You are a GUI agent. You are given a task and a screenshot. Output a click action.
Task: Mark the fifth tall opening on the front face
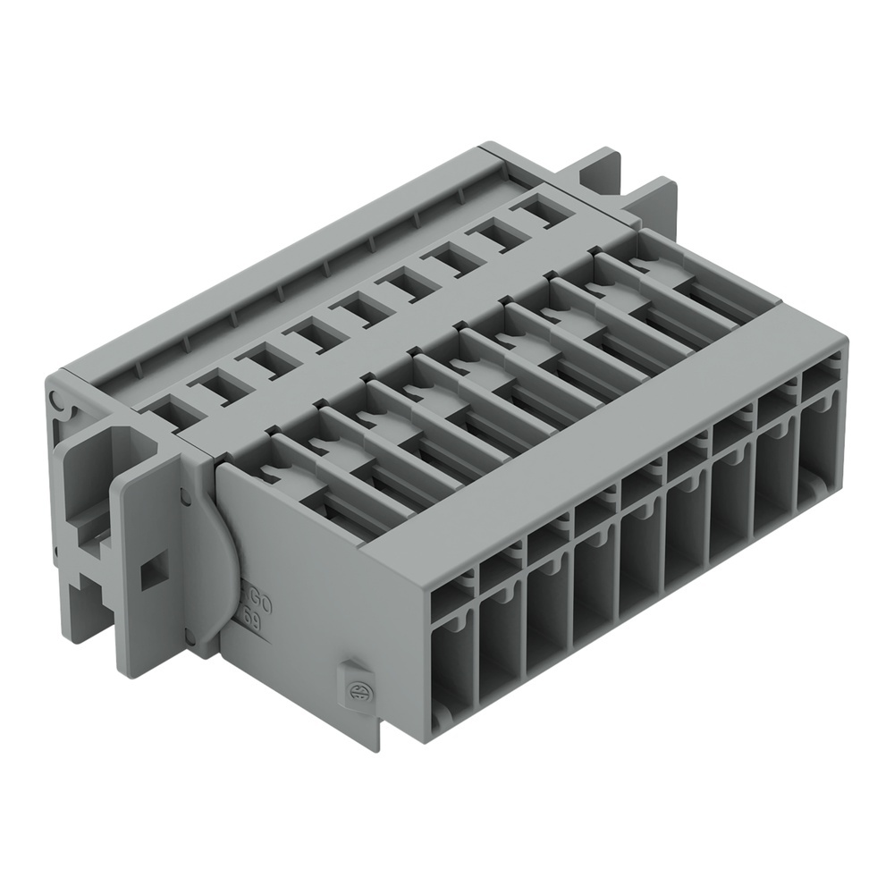[x=640, y=555]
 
